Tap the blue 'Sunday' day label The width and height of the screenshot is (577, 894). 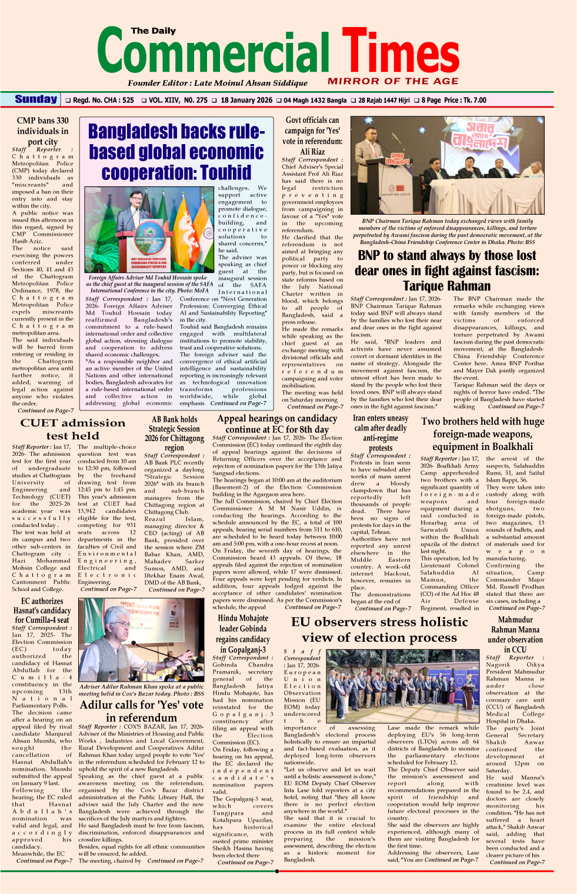click(36, 99)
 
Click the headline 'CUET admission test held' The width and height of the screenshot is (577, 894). click(73, 429)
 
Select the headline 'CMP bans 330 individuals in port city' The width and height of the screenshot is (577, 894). click(42, 131)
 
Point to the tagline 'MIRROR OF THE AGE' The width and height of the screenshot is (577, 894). click(393, 81)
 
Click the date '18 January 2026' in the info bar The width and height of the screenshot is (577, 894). click(246, 101)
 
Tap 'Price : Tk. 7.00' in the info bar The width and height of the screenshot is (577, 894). click(465, 101)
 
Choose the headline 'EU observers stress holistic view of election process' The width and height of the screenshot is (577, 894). click(379, 629)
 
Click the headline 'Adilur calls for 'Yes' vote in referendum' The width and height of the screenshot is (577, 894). click(141, 710)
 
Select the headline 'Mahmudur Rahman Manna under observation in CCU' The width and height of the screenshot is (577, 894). click(515, 634)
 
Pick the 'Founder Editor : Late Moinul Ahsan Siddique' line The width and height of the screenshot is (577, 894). click(218, 83)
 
